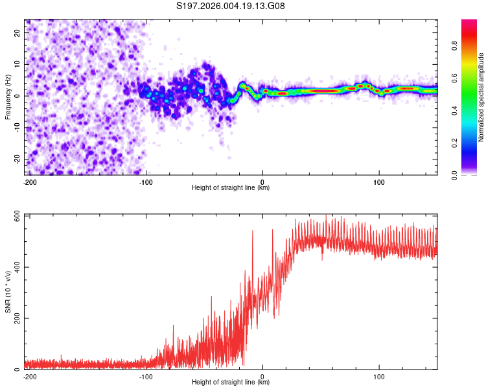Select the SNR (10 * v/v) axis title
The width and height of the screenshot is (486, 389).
[8, 291]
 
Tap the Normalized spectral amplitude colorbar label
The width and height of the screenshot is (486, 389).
[481, 97]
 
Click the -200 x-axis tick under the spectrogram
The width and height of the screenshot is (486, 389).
[29, 181]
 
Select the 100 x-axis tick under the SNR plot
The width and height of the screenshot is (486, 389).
[378, 375]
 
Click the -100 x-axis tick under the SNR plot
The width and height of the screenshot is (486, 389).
[145, 375]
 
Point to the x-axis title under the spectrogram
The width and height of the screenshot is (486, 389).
[231, 188]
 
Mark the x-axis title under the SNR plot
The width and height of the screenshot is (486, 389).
[231, 383]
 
